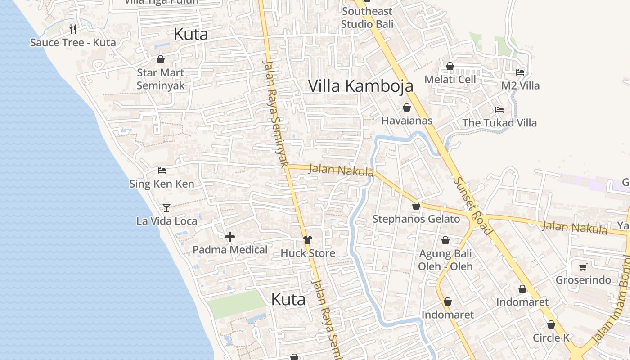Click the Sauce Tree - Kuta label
point(73,43)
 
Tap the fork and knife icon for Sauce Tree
point(73,30)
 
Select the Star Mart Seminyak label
point(161,79)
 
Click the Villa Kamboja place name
point(360,86)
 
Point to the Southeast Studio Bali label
point(367,18)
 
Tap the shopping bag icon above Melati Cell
point(450,67)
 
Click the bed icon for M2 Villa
point(520,72)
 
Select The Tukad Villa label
point(499,123)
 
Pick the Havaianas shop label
point(407,121)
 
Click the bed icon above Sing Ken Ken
point(162,171)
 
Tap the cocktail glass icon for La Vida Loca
point(166,208)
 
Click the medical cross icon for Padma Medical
point(230,237)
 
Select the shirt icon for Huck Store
point(308,240)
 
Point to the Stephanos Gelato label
point(416,219)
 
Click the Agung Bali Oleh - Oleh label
point(445,260)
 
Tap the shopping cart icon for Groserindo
point(583,267)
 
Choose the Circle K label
point(551,338)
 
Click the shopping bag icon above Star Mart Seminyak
point(161,59)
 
